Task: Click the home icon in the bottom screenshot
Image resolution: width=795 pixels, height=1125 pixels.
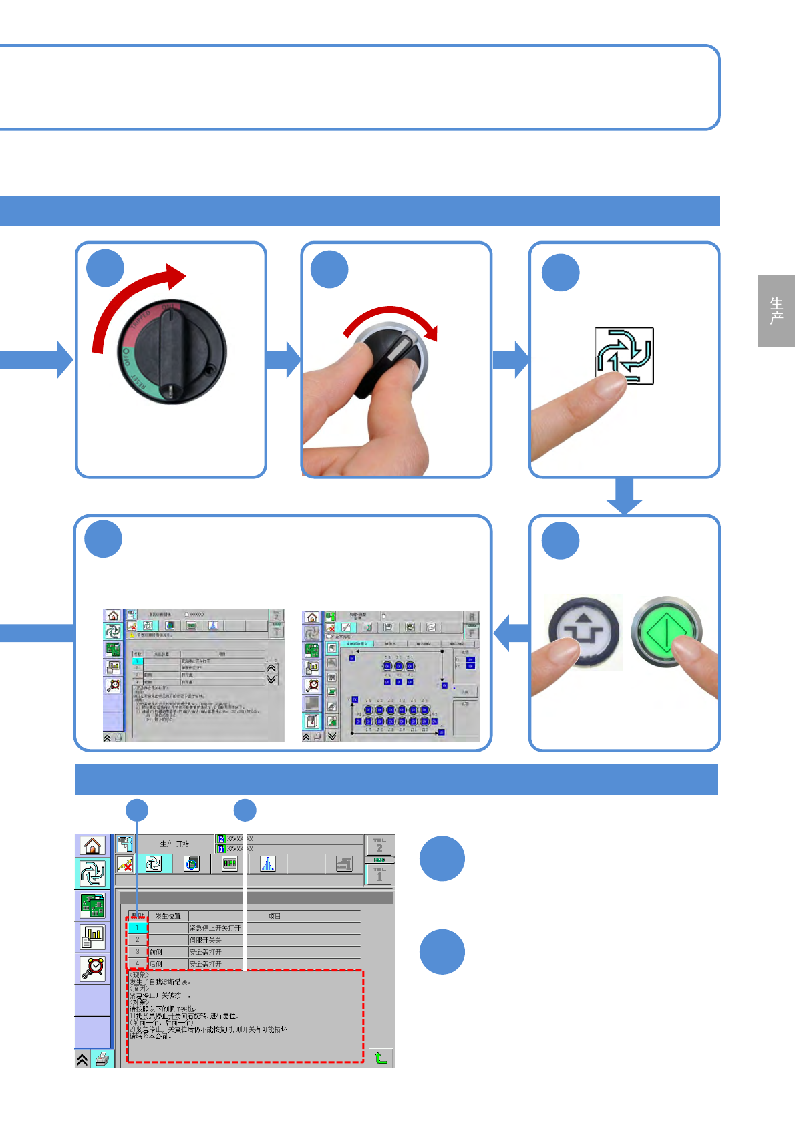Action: pos(92,846)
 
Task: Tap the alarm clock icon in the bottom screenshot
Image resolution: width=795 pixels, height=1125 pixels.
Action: pos(92,968)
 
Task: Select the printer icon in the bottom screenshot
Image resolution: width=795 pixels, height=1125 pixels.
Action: pos(102,1059)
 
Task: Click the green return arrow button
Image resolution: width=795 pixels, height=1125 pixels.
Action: pos(381,1058)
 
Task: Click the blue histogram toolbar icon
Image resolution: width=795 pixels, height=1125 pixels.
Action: pos(267,864)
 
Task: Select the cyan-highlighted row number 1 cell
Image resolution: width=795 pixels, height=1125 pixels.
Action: pos(137,927)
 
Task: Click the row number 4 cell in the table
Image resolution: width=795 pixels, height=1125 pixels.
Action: pos(138,964)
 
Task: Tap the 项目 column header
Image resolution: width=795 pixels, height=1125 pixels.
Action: pos(274,916)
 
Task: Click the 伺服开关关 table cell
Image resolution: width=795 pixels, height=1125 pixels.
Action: pos(206,940)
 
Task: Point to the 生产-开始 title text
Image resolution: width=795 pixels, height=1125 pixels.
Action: pos(174,844)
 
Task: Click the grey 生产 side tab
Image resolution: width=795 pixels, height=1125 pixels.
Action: pos(776,311)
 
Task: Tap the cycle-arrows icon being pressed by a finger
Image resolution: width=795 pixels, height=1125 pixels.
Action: pos(624,355)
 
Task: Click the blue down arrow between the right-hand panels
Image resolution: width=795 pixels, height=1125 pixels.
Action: pos(624,498)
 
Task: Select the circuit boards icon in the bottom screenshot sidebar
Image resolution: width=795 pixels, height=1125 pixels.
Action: pos(92,906)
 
